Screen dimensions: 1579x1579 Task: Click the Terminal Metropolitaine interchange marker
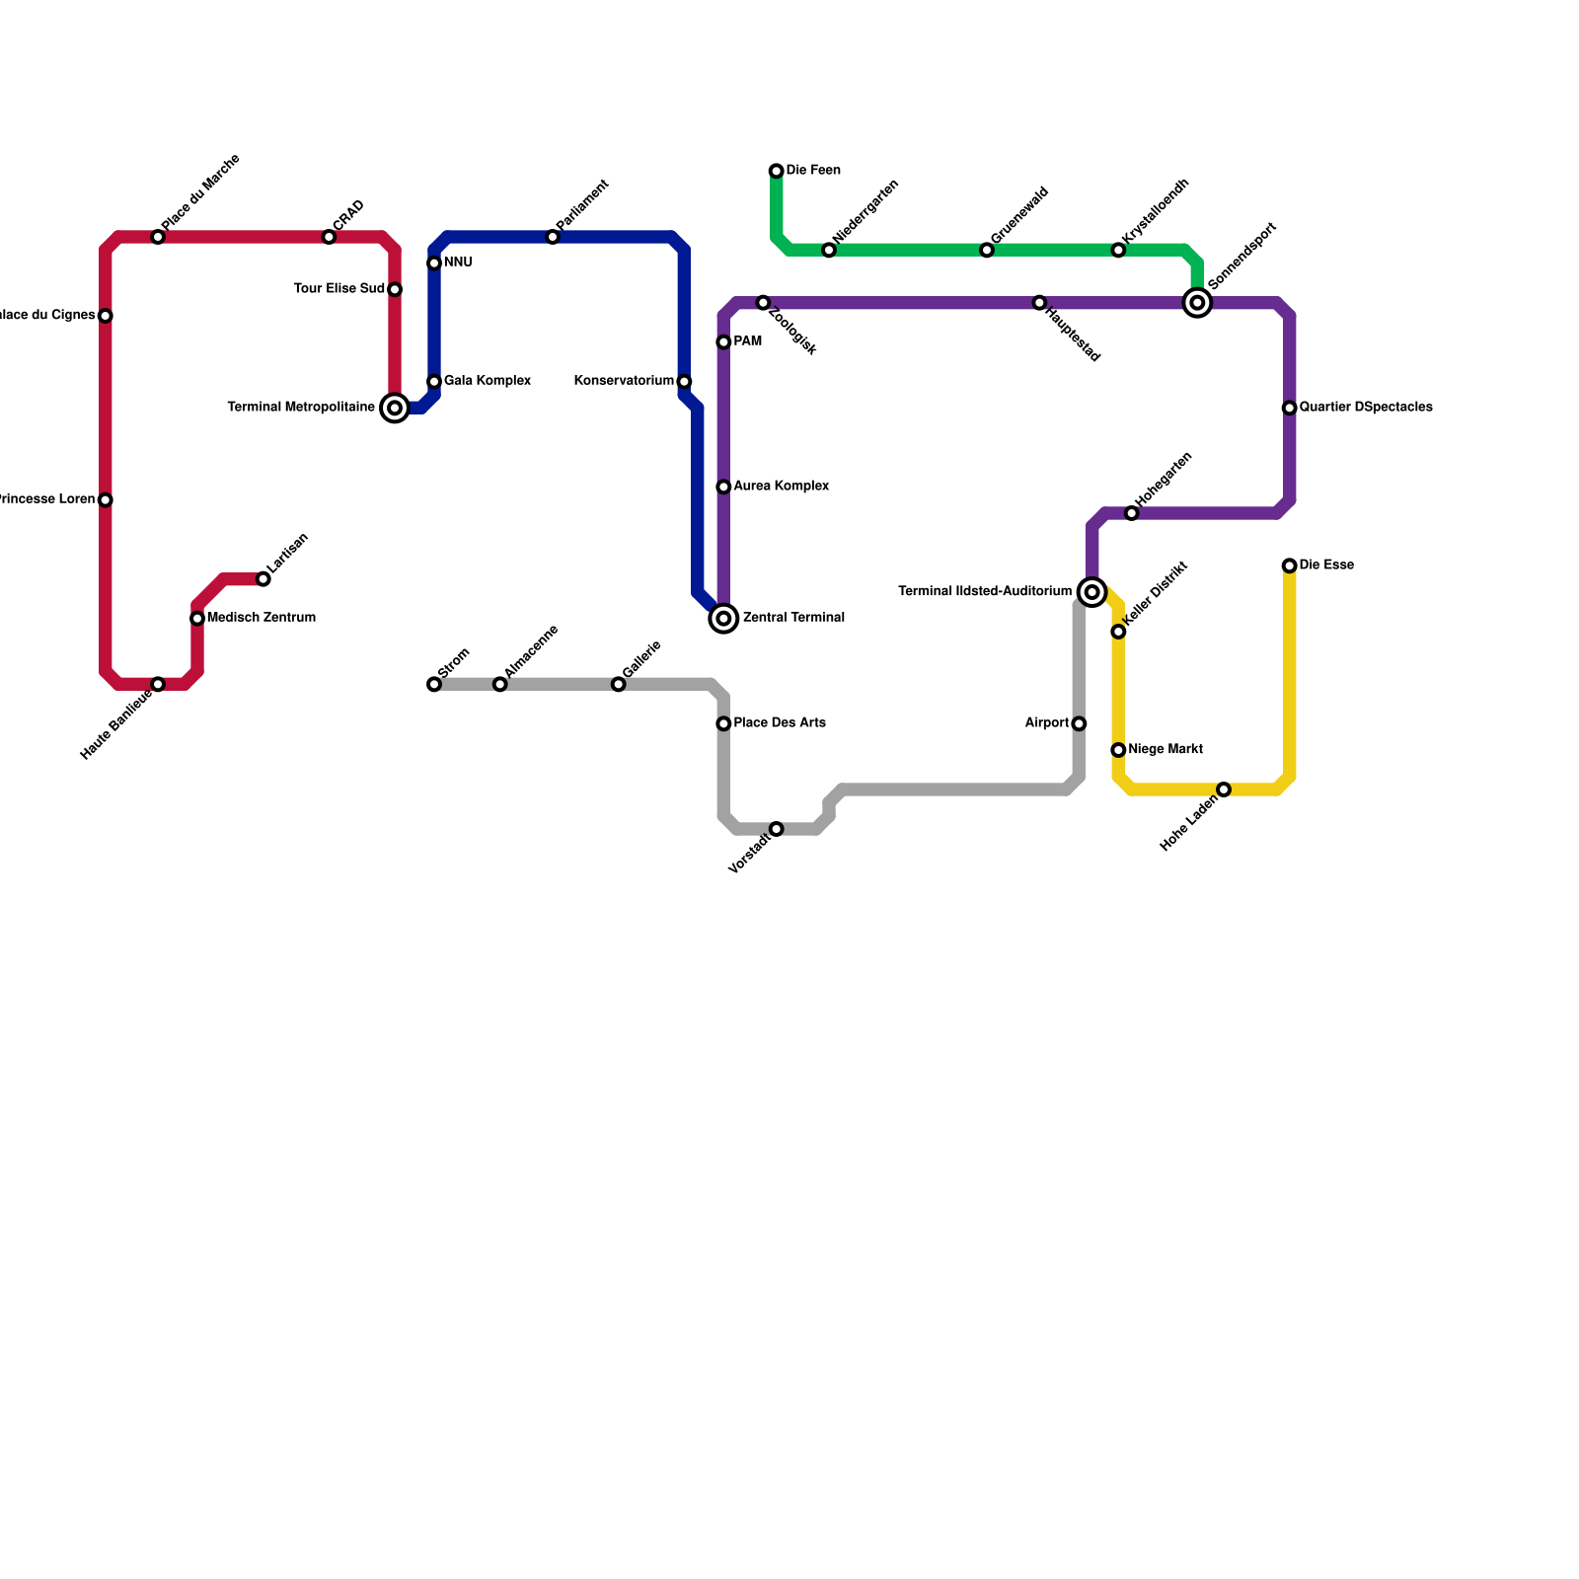point(395,408)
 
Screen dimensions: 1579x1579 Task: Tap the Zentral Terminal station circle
point(723,618)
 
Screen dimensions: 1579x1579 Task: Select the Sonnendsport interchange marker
point(1197,303)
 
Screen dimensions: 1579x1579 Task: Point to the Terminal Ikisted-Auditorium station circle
point(1091,592)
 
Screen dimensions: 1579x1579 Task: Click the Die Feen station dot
point(777,172)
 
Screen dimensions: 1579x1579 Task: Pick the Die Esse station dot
point(1289,565)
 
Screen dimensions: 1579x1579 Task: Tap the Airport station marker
point(1079,723)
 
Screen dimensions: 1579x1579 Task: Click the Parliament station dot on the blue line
point(553,237)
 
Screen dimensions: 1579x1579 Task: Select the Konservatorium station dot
point(684,382)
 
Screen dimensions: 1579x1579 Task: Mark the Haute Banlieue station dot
point(158,684)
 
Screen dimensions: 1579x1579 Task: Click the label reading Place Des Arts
point(780,723)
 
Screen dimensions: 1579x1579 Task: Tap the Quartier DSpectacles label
point(1366,408)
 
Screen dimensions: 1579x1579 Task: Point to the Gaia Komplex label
point(488,381)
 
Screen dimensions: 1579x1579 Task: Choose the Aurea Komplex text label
point(782,487)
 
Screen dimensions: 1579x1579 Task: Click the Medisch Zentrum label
point(262,618)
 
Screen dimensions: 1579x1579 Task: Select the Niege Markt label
point(1165,750)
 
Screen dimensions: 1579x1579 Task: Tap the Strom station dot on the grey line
point(434,684)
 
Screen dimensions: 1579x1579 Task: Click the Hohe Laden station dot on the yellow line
point(1224,789)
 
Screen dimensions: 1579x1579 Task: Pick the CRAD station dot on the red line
point(329,237)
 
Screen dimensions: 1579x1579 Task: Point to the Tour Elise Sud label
point(339,289)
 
